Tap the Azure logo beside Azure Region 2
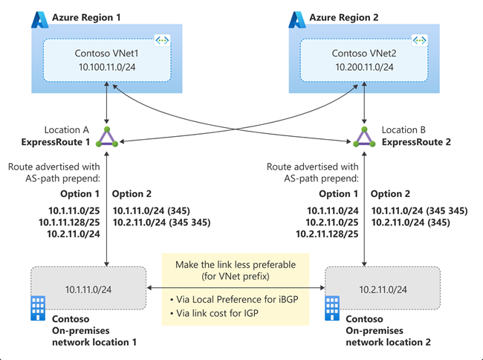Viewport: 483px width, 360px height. tap(297, 19)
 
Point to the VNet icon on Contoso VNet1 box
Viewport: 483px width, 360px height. tap(161, 40)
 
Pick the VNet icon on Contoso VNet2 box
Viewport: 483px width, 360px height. tap(419, 40)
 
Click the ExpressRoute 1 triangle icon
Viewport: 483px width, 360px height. tap(108, 136)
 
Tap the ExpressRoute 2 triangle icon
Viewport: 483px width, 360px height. tap(363, 136)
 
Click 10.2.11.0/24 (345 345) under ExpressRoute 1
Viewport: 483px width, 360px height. tap(161, 222)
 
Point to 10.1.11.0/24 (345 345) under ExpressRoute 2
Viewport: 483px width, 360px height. tap(420, 210)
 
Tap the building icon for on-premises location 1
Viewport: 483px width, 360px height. tap(37, 309)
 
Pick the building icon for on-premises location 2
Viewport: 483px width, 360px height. tap(332, 309)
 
